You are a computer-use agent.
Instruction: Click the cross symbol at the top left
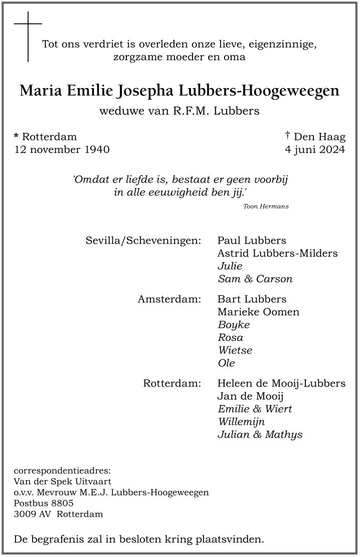click(x=28, y=36)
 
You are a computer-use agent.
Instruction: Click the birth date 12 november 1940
click(x=62, y=149)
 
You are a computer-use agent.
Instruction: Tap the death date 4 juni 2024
click(x=314, y=149)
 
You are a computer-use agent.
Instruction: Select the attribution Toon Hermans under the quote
click(x=266, y=207)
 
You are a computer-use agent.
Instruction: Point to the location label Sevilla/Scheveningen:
click(x=143, y=240)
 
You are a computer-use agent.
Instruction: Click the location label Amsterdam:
click(x=169, y=299)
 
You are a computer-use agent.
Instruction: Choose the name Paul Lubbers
click(x=252, y=240)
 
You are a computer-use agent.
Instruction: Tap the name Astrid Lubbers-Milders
click(x=277, y=253)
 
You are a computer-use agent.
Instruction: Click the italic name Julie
click(x=230, y=266)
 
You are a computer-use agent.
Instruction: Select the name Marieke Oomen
click(x=258, y=312)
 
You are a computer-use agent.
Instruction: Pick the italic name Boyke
click(x=234, y=325)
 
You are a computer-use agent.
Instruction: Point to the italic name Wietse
click(x=235, y=350)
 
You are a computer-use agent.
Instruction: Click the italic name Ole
click(x=226, y=363)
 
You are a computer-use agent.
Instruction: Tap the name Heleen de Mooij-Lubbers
click(x=281, y=384)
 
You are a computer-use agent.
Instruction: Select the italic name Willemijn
click(x=241, y=422)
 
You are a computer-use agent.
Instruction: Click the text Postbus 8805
click(x=44, y=503)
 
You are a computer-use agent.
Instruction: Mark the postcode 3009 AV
click(x=33, y=514)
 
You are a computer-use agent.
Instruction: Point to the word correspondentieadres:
click(x=62, y=471)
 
